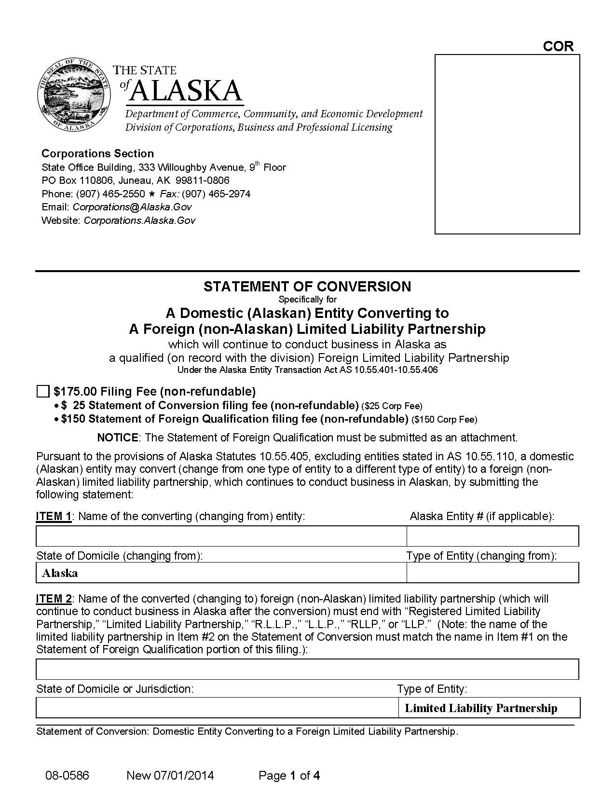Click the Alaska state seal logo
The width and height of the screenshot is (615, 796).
73,95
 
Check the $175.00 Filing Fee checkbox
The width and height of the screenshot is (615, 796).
43,391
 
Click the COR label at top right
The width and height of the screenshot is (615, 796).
558,46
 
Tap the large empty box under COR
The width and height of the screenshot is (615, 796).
507,144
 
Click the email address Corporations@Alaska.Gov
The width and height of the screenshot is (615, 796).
132,207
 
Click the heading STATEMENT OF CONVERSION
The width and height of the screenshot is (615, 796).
307,287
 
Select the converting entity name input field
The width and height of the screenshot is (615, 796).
221,536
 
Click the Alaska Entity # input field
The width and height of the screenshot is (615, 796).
492,536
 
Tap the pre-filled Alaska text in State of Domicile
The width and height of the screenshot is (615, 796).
60,573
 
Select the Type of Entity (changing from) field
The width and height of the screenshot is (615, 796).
492,573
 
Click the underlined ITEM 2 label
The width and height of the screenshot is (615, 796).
54,599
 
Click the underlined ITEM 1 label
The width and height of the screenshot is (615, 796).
54,516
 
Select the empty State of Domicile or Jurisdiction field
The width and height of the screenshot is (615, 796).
216,708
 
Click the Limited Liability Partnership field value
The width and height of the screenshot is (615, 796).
481,708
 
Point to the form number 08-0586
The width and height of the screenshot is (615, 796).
67,776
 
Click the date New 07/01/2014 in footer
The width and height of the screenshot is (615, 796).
170,776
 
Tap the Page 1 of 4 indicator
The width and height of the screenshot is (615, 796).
289,776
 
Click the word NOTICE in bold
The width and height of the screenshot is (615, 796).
118,438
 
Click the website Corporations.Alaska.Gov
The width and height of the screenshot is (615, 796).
139,220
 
